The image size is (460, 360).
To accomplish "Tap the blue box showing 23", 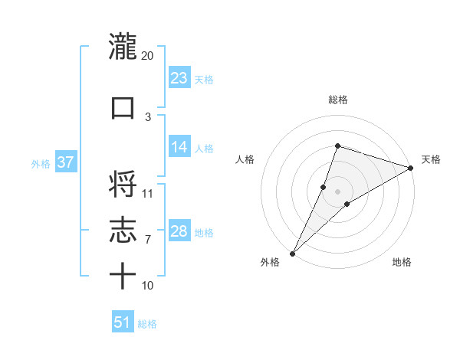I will click(179, 77).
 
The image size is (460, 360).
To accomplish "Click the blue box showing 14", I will click(179, 147).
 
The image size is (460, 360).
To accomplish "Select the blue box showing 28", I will click(179, 231).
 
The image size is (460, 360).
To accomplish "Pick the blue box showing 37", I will click(65, 162).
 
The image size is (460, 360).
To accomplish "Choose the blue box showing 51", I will click(123, 322).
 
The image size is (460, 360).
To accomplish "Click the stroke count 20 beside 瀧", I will click(147, 56).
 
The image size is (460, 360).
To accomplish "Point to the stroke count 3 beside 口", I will click(148, 116).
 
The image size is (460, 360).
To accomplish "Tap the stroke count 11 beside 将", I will click(148, 193).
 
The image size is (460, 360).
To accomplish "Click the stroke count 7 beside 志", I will click(148, 240).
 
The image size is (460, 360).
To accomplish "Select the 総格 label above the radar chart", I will click(337, 100).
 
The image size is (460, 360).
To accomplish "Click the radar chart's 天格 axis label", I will click(431, 159).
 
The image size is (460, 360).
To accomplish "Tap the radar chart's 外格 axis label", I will click(270, 262).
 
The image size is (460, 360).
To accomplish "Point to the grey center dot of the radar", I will click(337, 191).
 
